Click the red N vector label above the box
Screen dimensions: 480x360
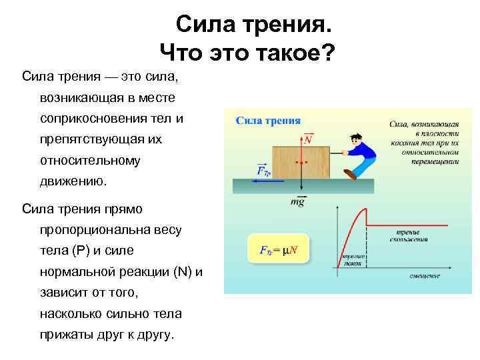point(308,139)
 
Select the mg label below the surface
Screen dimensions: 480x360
point(297,201)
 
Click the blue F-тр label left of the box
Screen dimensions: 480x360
point(263,170)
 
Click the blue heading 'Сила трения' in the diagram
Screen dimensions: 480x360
point(269,121)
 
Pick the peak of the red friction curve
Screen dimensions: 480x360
point(365,211)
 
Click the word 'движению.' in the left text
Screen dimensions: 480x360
point(72,181)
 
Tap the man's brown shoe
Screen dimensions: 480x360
point(350,174)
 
